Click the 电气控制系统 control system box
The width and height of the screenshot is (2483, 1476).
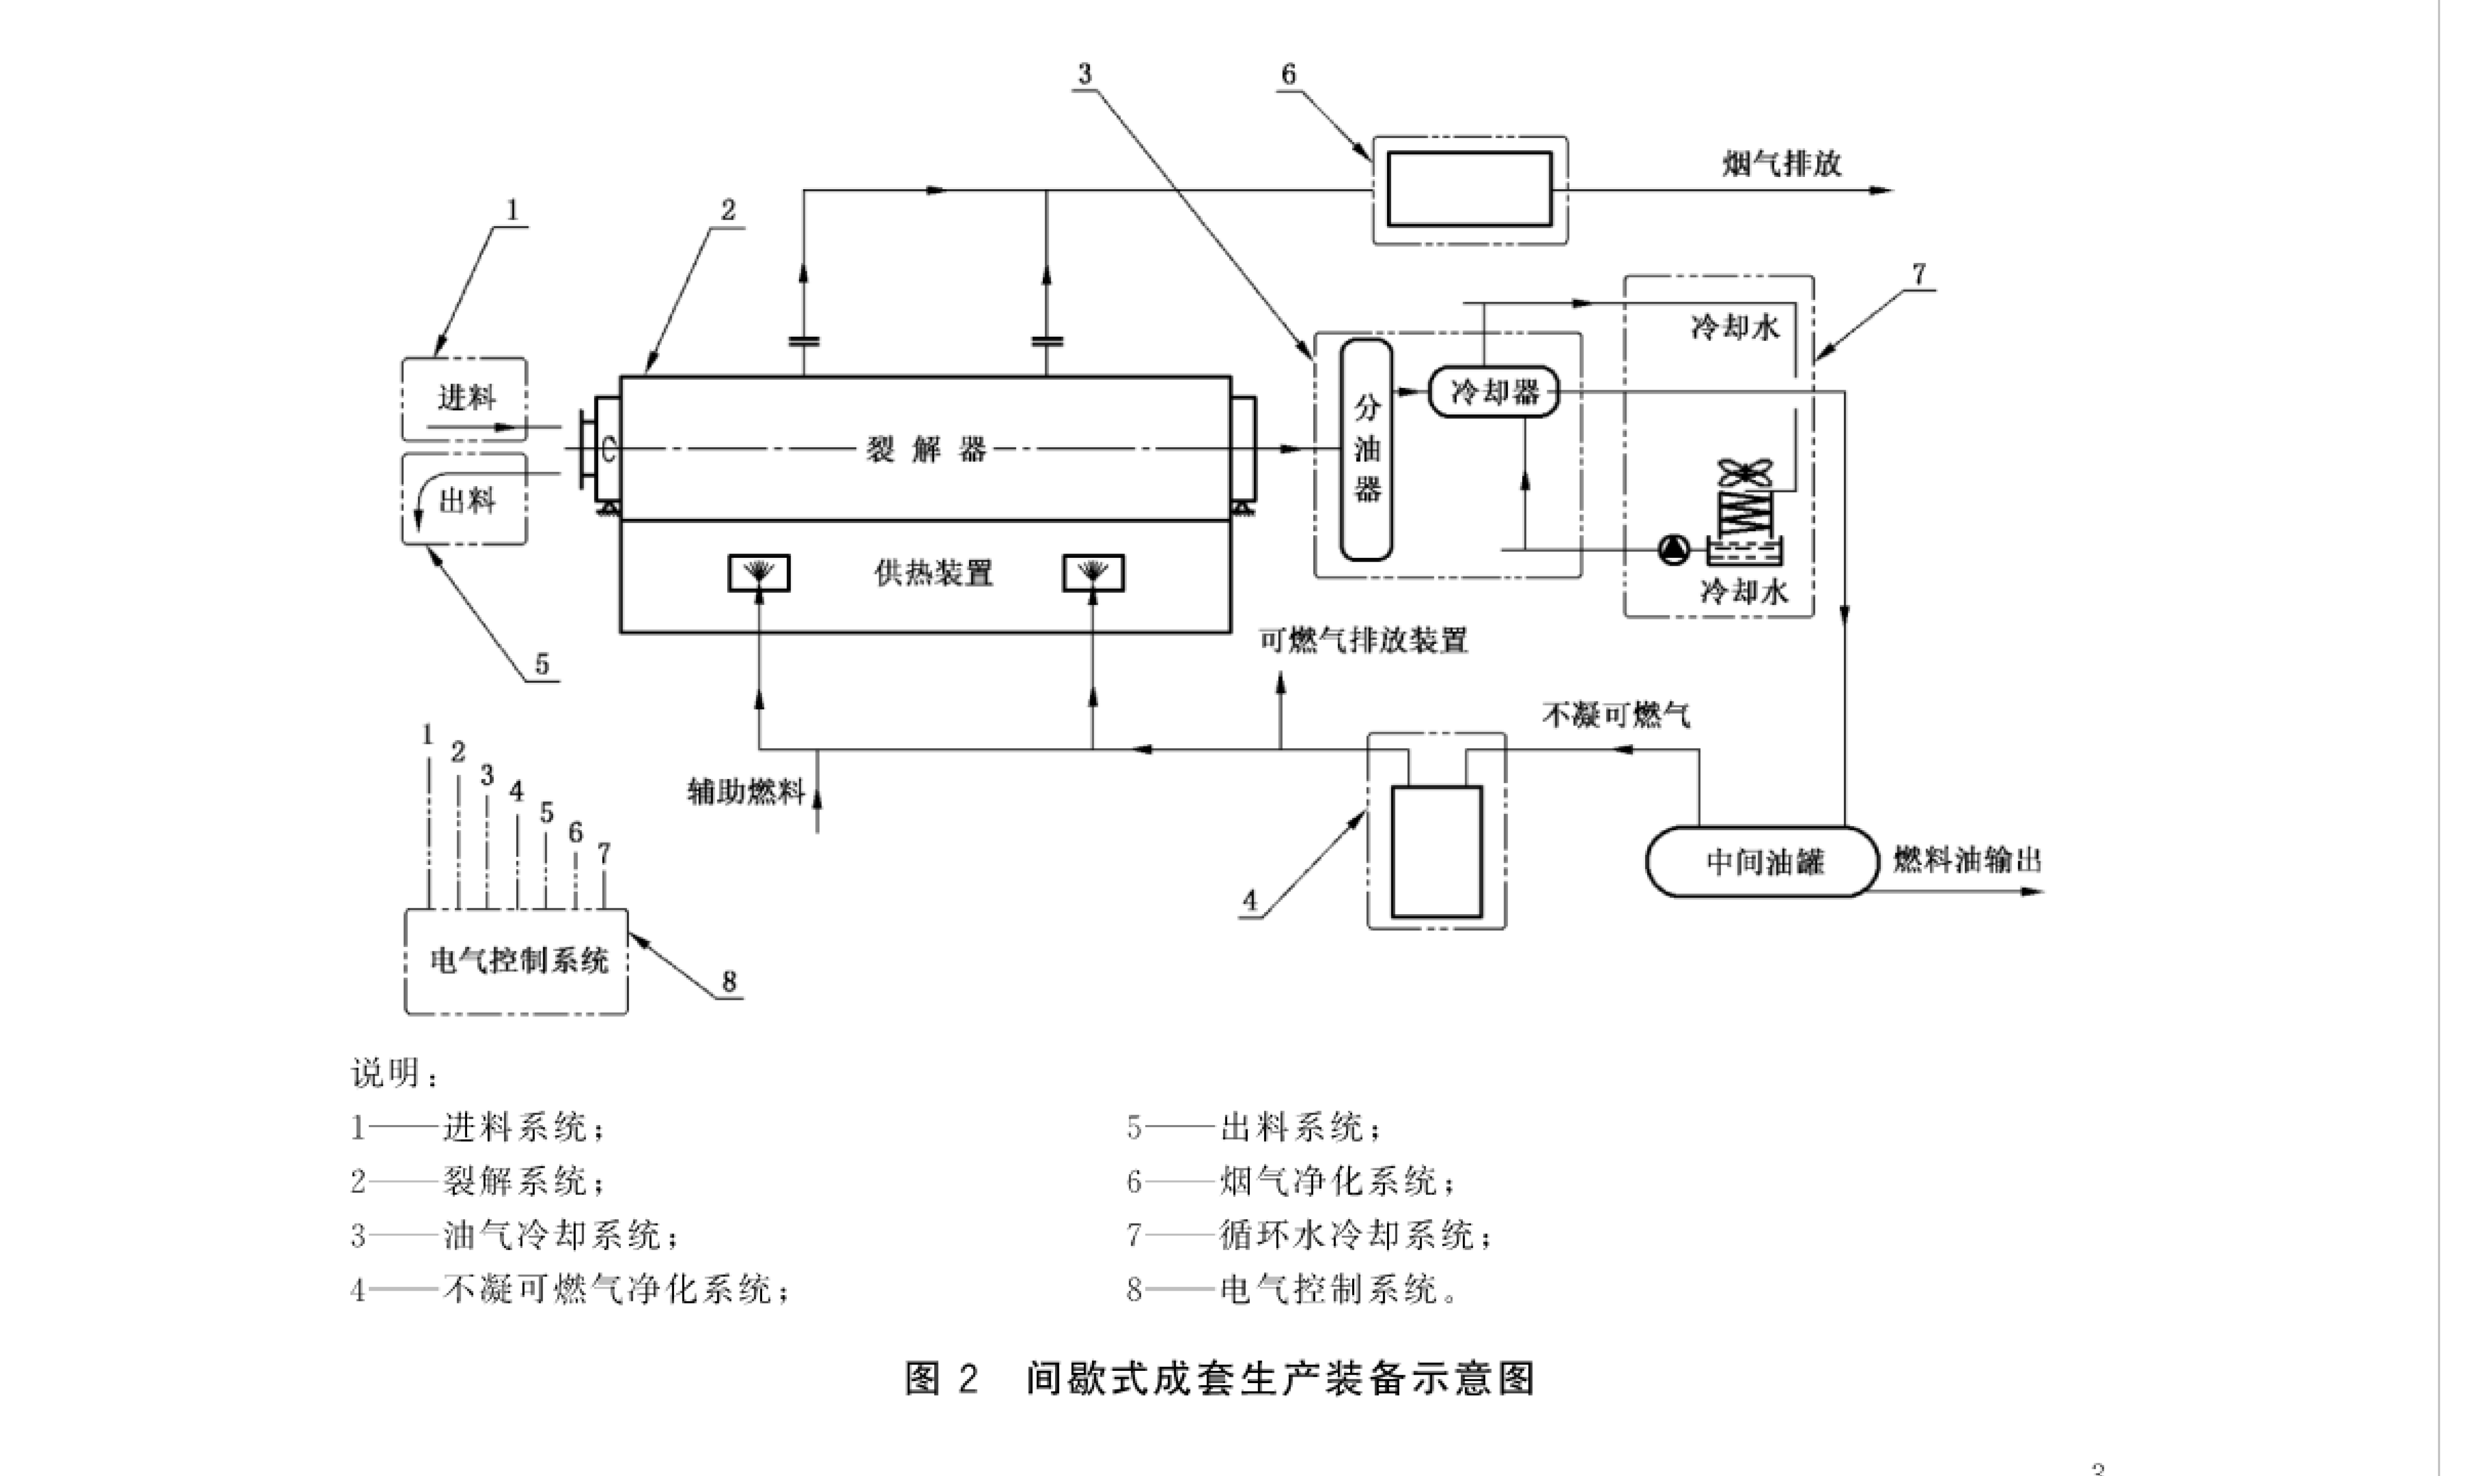point(516,960)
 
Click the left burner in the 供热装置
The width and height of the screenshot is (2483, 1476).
point(759,573)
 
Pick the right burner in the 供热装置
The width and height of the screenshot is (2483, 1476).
point(1094,573)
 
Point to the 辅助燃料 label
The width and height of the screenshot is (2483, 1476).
point(745,792)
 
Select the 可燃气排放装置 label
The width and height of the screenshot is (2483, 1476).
point(1363,640)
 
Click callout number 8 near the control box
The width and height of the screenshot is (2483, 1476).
point(729,982)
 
